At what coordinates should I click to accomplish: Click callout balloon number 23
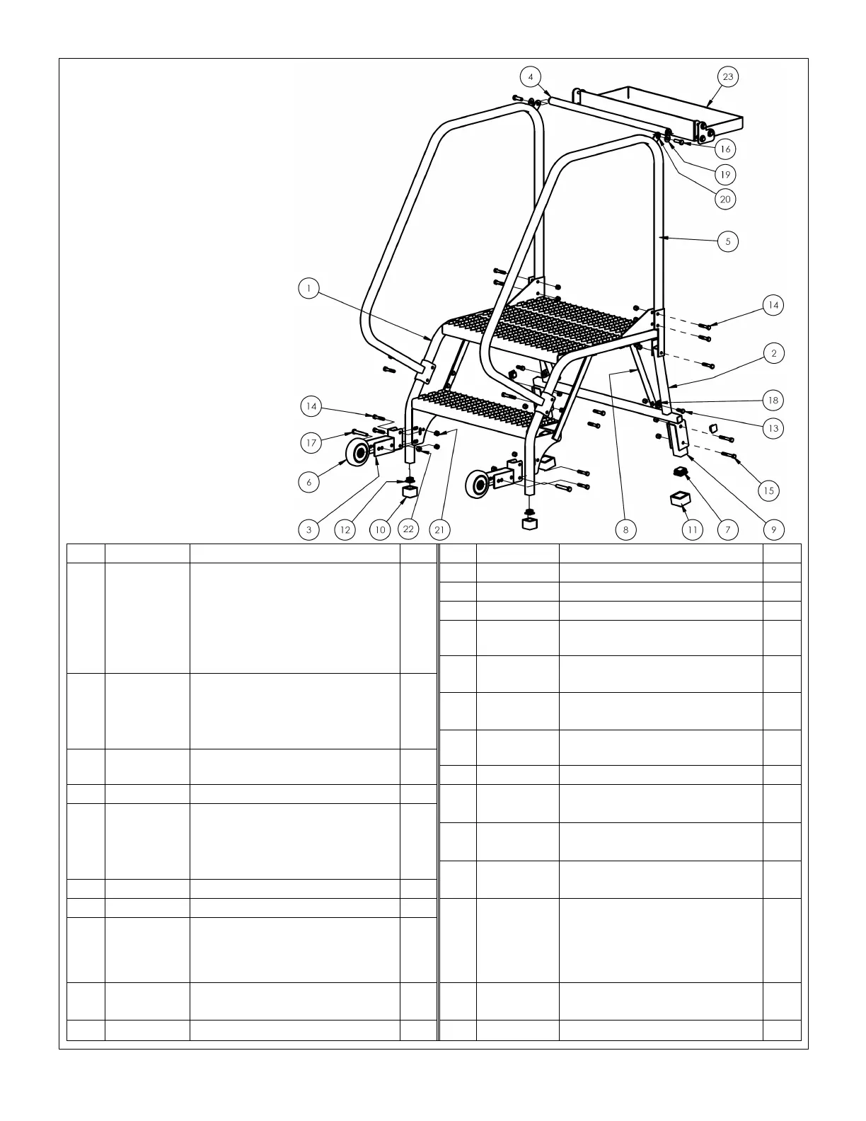click(x=728, y=76)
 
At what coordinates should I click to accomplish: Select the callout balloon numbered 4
click(x=531, y=76)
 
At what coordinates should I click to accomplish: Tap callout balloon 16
click(x=725, y=149)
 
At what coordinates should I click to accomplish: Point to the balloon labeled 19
click(x=725, y=175)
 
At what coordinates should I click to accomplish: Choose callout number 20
click(x=725, y=200)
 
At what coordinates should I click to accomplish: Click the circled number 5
click(x=728, y=241)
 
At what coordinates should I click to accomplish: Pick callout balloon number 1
click(x=308, y=288)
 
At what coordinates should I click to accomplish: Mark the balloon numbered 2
click(x=774, y=353)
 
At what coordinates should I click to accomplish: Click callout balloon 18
click(x=773, y=401)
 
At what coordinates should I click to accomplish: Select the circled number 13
click(x=773, y=428)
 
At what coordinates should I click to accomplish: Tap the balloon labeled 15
click(x=769, y=490)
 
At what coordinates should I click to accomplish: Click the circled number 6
click(x=308, y=482)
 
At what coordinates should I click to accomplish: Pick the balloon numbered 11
click(x=693, y=529)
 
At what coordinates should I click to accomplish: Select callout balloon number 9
click(x=773, y=529)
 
